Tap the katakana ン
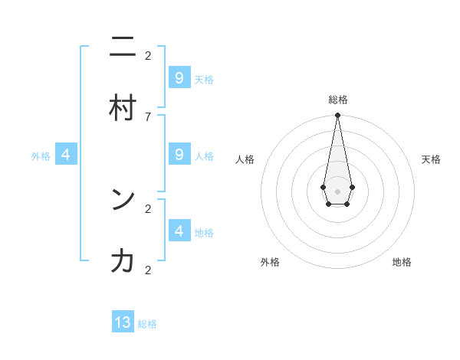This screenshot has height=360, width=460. pos(123,200)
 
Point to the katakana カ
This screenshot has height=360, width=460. pos(123,262)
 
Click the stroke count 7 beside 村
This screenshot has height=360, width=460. pos(148,116)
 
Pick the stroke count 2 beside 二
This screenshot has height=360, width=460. pos(148,55)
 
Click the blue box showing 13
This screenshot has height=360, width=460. pos(123,322)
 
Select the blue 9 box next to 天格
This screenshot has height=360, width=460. pos(179,77)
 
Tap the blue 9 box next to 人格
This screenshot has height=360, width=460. pos(179,154)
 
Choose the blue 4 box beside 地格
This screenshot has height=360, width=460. pos(179,231)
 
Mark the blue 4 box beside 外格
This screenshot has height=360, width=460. pos(66,155)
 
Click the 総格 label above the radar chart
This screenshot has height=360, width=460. pos(337,100)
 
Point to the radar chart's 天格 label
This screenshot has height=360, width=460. pos(431,159)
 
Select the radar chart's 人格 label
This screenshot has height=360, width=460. pos(245,159)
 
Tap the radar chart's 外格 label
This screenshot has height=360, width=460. pos(270,262)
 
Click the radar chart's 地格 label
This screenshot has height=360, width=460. pos(402,262)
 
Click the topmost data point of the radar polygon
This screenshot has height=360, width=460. pos(337,116)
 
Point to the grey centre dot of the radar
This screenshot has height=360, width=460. pos(337,191)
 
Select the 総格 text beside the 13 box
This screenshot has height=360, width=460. pos(147,324)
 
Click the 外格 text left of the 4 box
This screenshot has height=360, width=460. pos(41,156)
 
